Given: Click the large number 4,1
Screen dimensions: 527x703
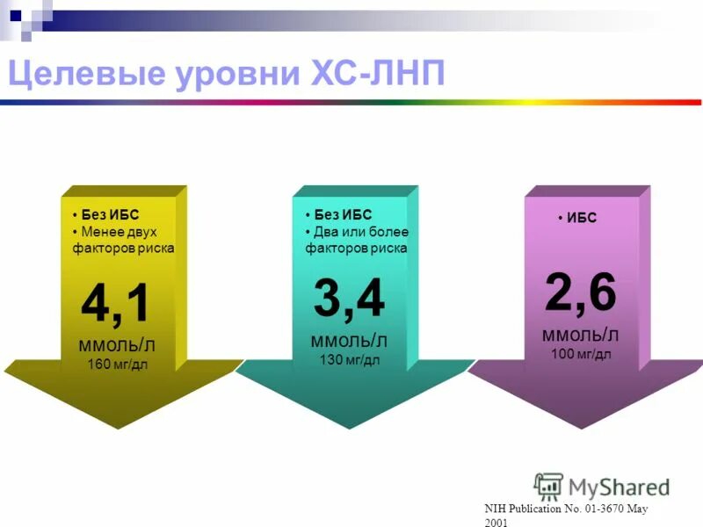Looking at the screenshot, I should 116,304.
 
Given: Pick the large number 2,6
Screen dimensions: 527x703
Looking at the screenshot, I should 581,292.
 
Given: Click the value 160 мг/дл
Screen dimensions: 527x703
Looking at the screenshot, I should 117,364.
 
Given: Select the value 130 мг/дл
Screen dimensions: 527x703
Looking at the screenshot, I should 349,360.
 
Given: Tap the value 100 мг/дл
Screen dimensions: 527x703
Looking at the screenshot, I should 581,354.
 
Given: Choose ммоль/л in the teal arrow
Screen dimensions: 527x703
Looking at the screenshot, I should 349,340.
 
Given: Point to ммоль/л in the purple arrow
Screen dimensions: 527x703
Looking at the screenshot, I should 581,334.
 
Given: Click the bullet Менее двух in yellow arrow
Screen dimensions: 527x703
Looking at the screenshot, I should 119,232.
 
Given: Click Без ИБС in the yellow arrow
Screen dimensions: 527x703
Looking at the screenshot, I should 110,215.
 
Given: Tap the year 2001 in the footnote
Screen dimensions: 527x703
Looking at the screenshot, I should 496,522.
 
